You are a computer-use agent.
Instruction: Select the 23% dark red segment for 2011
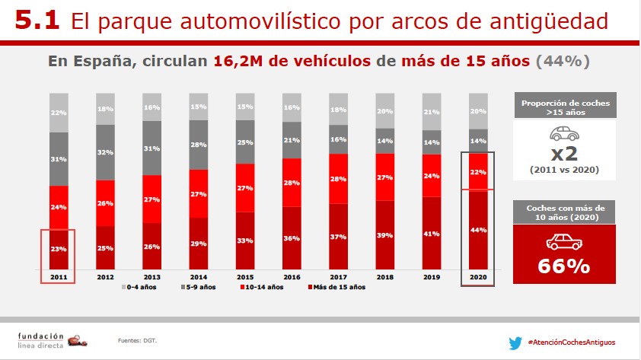point(59,249)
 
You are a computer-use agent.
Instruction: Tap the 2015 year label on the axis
point(246,277)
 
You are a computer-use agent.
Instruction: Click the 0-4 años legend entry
point(141,287)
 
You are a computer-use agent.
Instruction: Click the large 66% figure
point(564,266)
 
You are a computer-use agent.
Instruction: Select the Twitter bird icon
point(515,342)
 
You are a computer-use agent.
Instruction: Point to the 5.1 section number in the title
point(37,21)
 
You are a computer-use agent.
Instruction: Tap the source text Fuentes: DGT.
point(132,340)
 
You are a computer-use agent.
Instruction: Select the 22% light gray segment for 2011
point(59,113)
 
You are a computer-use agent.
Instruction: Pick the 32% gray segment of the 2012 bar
point(106,151)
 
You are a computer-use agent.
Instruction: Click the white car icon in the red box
point(564,242)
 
